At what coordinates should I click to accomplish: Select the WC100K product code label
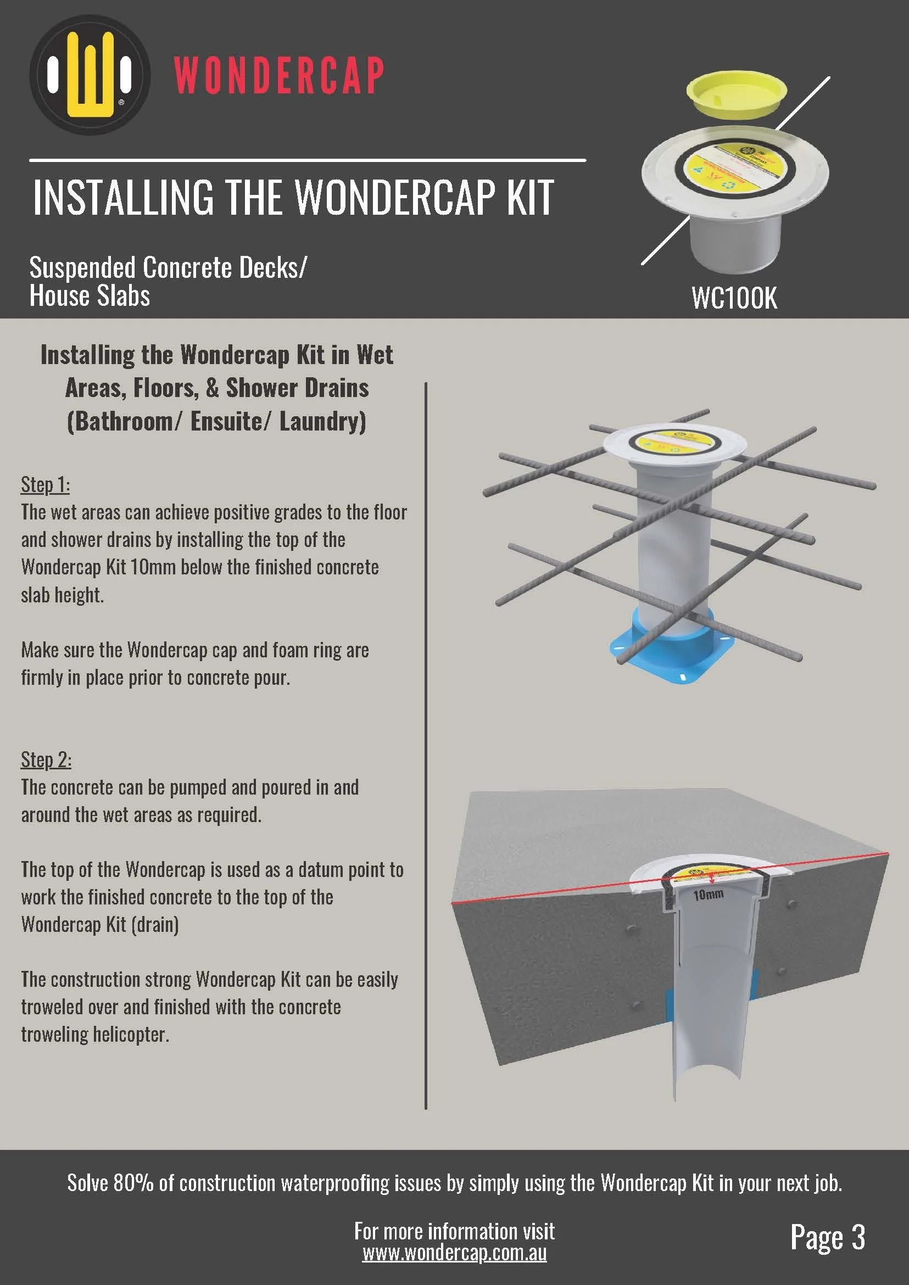pyautogui.click(x=734, y=298)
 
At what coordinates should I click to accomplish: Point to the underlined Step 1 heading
pyautogui.click(x=46, y=485)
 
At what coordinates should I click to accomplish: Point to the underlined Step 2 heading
pyautogui.click(x=46, y=760)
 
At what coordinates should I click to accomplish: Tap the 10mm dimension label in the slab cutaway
pyautogui.click(x=708, y=895)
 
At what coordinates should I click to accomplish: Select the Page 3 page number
pyautogui.click(x=827, y=1237)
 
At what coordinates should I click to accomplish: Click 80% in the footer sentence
pyautogui.click(x=133, y=1183)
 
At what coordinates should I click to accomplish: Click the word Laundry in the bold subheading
pyautogui.click(x=322, y=421)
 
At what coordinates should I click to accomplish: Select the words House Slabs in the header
pyautogui.click(x=90, y=295)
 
